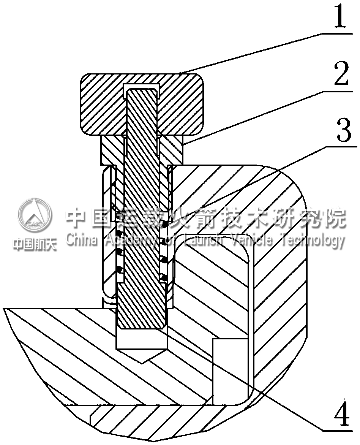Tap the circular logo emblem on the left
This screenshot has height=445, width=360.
coord(35,216)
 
